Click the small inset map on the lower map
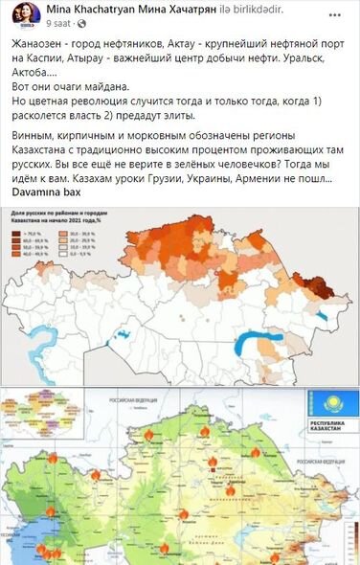pos(25,418)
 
